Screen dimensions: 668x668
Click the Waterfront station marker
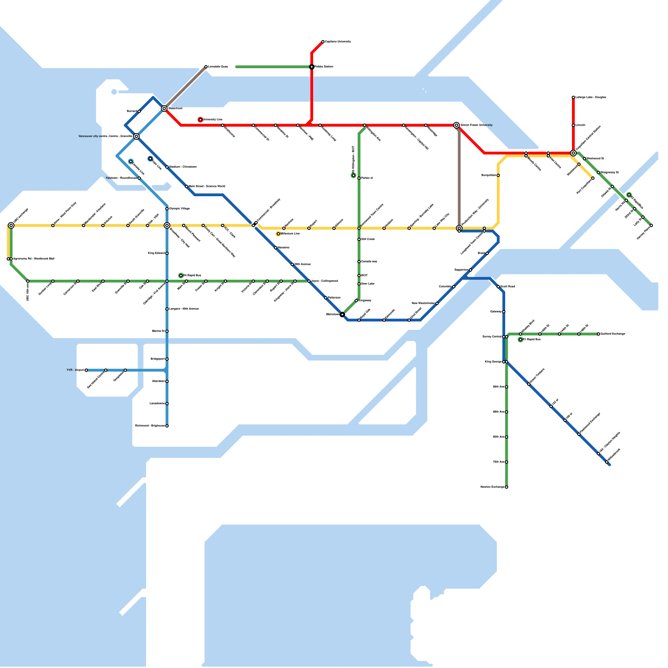pos(164,109)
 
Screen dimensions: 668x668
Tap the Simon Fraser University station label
pos(476,125)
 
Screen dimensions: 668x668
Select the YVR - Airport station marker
pos(86,370)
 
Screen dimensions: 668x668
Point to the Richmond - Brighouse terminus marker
pos(167,426)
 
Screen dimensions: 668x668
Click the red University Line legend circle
pos(200,120)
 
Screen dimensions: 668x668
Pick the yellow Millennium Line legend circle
pos(278,234)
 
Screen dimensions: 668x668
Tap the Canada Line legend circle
pos(131,162)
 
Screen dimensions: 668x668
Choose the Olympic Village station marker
pos(167,209)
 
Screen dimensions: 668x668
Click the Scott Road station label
pos(508,286)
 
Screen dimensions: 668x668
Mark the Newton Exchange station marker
pos(506,487)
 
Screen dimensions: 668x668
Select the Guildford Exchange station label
pos(613,334)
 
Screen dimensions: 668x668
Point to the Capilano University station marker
pos(323,42)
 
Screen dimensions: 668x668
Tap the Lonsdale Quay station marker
pos(206,67)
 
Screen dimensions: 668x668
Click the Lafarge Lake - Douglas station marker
pos(573,97)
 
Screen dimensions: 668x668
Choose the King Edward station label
pos(156,253)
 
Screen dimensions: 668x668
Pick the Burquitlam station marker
pos(498,175)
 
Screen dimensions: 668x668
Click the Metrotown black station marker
pos(342,314)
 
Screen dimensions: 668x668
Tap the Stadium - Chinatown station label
pos(183,167)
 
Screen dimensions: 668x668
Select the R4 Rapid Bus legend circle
pos(181,276)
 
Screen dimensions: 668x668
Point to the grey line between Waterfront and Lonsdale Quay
pos(186,87)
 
